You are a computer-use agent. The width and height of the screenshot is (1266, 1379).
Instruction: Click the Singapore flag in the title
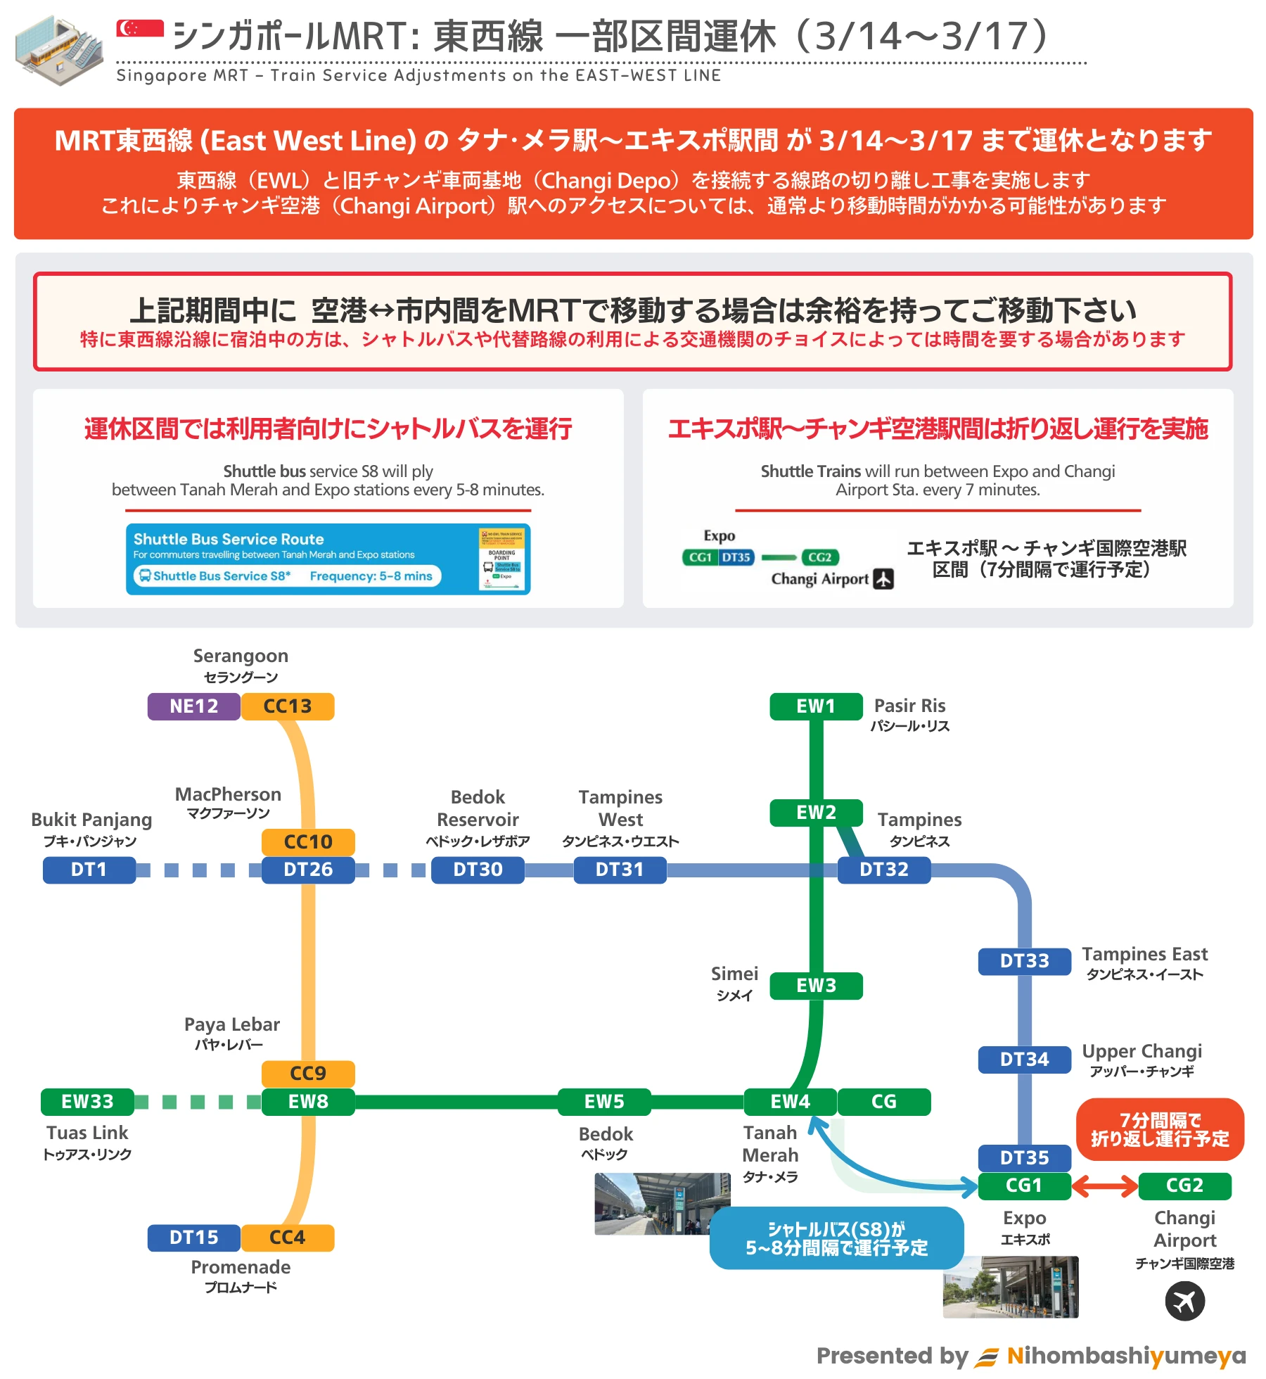tap(140, 28)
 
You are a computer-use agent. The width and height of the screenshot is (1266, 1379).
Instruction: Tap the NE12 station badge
tap(193, 706)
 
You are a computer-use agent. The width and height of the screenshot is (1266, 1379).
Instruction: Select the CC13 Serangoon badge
tap(288, 706)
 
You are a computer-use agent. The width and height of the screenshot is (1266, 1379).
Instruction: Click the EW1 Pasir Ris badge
tap(816, 706)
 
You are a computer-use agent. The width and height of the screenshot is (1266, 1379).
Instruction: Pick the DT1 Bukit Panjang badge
tap(89, 870)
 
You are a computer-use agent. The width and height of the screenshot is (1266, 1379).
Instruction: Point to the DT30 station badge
tap(478, 870)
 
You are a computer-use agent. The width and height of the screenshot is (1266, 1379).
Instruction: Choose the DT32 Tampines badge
tap(884, 870)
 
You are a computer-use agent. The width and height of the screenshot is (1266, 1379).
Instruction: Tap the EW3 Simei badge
tap(816, 986)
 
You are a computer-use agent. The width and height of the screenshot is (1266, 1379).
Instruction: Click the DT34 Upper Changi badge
tap(1025, 1060)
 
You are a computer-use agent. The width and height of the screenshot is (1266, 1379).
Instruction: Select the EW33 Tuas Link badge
tap(87, 1102)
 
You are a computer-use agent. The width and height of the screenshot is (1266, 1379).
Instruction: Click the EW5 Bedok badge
tap(604, 1102)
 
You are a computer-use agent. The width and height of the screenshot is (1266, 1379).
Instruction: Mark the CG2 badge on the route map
tap(1184, 1186)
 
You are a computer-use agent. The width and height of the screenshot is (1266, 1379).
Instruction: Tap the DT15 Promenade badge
tap(193, 1238)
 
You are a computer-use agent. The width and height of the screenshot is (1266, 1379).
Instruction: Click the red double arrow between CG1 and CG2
tap(1104, 1186)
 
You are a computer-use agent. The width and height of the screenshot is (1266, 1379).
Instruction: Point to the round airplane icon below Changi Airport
tap(1184, 1301)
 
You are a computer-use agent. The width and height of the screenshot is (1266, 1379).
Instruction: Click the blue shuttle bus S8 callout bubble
tap(836, 1238)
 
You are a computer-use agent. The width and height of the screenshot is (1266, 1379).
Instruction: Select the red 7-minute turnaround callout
tap(1160, 1129)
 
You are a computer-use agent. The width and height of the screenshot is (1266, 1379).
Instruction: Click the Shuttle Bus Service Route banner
tap(328, 559)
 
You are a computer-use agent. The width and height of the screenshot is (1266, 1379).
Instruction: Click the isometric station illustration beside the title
tap(59, 50)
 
